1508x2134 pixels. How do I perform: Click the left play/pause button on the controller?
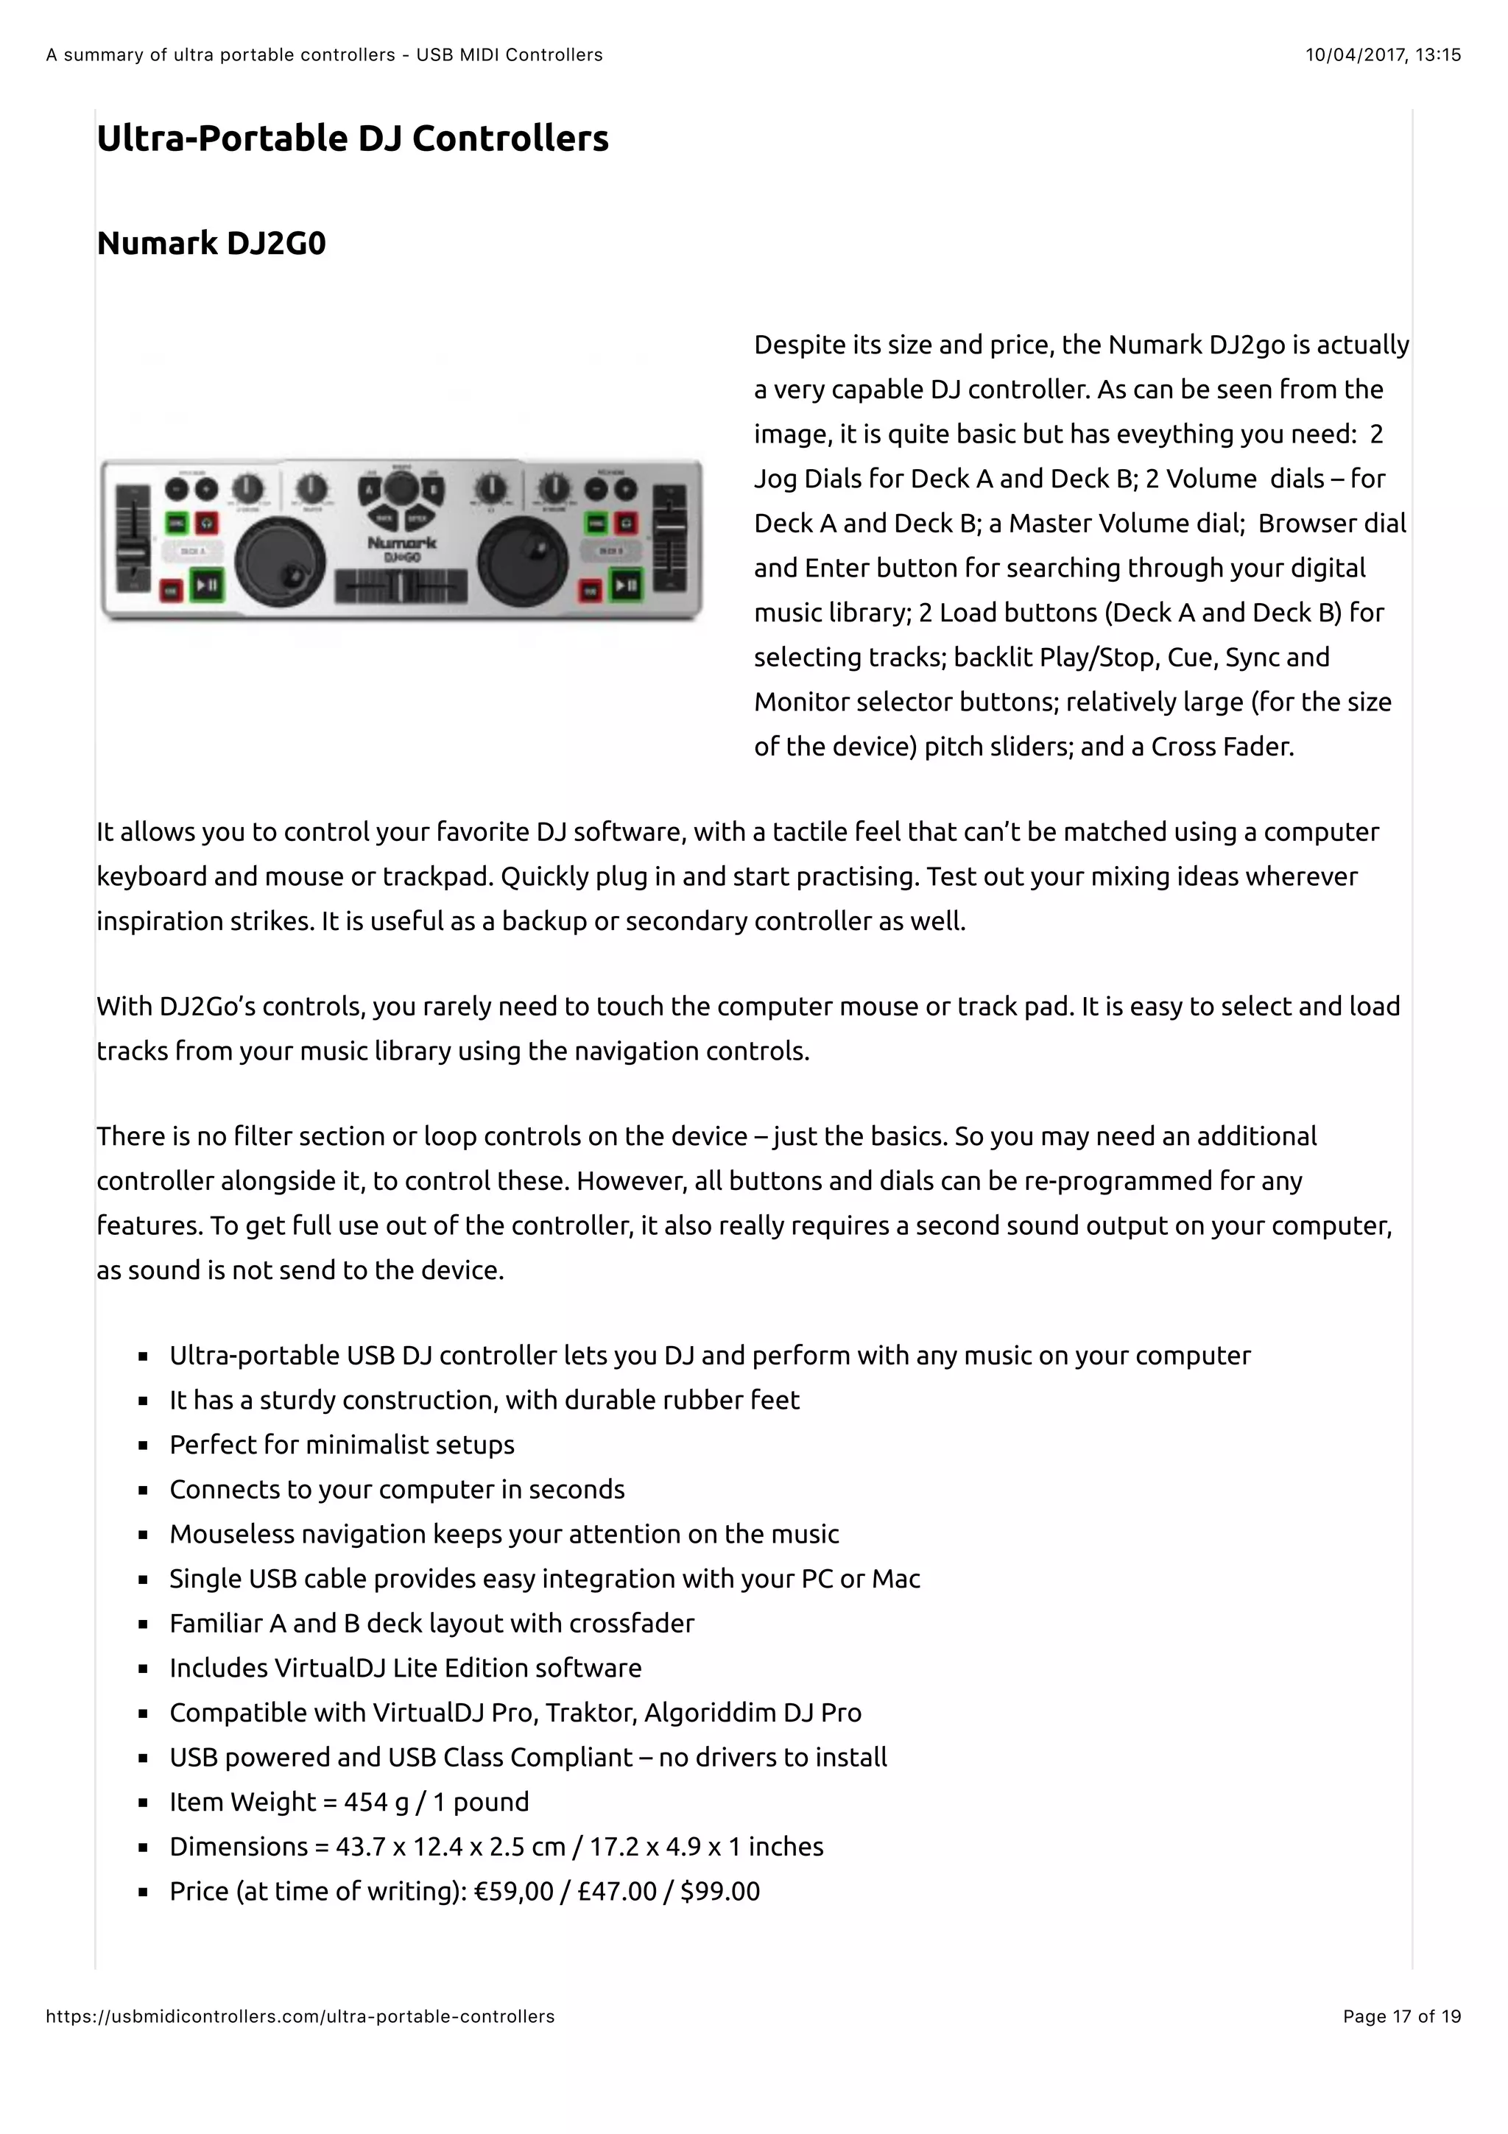206,585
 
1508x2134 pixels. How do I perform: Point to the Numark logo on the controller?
401,542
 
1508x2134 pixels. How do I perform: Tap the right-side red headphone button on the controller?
628,524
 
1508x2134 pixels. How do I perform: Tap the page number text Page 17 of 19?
1401,2017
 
